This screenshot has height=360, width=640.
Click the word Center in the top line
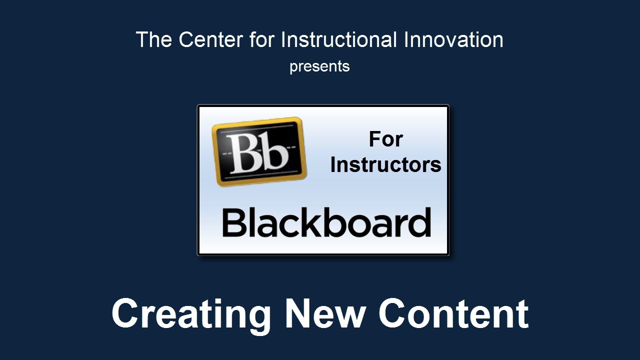pos(211,39)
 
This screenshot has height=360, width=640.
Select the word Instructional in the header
pos(339,39)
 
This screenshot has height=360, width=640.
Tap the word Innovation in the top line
pos(453,39)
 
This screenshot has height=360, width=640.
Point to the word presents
pos(319,67)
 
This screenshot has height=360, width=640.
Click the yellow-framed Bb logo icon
pos(259,151)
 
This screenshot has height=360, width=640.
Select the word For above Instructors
pos(385,139)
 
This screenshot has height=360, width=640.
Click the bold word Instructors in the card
pos(385,165)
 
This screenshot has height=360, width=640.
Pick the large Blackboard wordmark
pos(326,222)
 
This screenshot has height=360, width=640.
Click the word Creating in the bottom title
pos(191,315)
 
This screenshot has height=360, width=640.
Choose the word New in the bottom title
pos(325,313)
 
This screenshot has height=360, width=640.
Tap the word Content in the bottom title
pos(453,313)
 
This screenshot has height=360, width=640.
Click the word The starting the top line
pos(154,39)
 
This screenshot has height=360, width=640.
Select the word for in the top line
pos(261,39)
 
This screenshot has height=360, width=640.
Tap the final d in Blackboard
pos(418,222)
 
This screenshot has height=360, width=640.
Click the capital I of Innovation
pos(406,39)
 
